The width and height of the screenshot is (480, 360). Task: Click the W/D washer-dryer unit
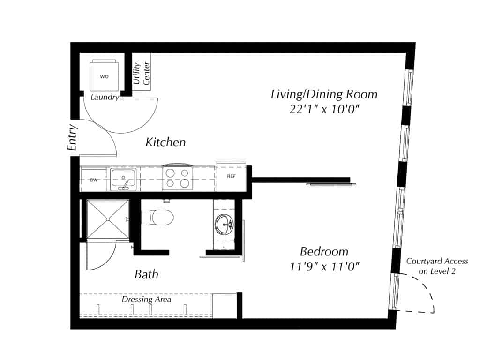(x=104, y=75)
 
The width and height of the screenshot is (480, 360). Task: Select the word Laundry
(x=105, y=97)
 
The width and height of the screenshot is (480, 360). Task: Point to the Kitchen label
(x=165, y=142)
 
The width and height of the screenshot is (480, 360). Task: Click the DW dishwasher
(x=94, y=179)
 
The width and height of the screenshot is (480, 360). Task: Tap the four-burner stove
(x=177, y=179)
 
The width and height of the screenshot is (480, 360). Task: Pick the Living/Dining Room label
(x=324, y=94)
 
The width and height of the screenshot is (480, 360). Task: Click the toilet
(x=158, y=217)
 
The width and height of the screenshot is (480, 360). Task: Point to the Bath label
(x=146, y=274)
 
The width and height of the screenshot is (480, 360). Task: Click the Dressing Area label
(x=146, y=299)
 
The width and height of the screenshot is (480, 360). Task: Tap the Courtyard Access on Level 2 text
(x=437, y=266)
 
